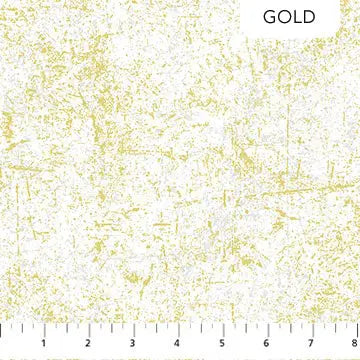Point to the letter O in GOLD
(x=282, y=17)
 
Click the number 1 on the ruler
(x=46, y=347)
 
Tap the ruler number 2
(x=89, y=347)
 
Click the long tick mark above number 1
(x=46, y=330)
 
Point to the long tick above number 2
(x=89, y=330)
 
